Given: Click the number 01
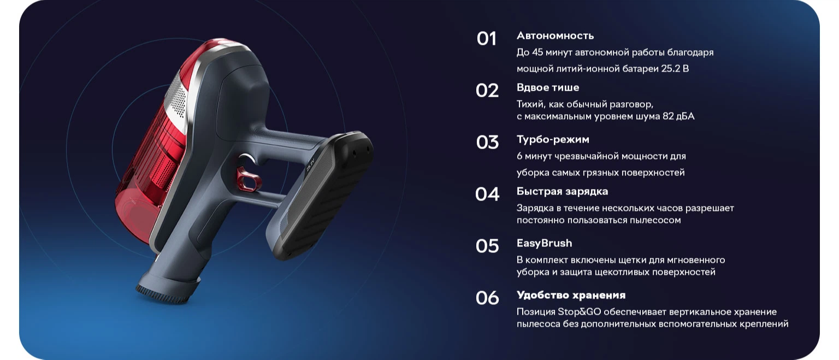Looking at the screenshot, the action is tap(487, 39).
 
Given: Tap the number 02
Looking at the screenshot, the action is tap(487, 91).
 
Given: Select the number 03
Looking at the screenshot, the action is tap(487, 143).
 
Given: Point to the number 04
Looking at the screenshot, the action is tap(487, 194).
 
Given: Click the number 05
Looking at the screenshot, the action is tap(487, 246).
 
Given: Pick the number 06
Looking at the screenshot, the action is tap(487, 298).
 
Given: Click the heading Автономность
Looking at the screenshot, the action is tap(555, 36).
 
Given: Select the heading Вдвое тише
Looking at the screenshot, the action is tap(548, 87).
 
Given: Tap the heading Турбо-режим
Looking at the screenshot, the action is tap(553, 139).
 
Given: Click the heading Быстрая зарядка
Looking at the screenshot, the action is tap(562, 191).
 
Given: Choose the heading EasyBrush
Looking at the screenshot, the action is tap(544, 244).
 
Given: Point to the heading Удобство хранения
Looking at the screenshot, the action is tap(571, 295).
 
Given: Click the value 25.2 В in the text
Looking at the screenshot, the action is tap(675, 68).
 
